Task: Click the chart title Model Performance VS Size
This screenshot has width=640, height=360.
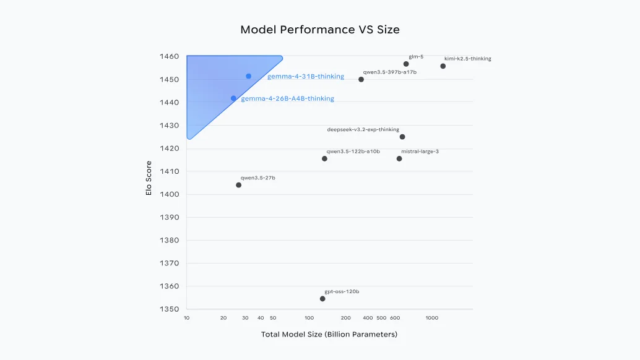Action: pos(319,30)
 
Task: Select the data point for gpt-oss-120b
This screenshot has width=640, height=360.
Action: pos(322,299)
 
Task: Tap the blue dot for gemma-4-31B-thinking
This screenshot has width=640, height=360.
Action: pos(248,76)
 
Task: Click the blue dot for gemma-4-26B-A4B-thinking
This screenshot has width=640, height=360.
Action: pos(233,98)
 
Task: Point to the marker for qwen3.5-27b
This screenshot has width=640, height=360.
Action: pos(238,185)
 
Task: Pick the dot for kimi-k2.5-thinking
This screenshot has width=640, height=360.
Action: pos(443,66)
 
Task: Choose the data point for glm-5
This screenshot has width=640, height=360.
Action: pos(406,64)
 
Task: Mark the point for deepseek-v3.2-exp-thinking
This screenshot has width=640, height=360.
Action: pos(402,137)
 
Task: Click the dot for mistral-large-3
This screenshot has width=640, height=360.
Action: pos(399,158)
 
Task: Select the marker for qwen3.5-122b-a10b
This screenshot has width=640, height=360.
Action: pos(324,158)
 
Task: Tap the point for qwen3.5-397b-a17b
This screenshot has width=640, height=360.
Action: pos(361,79)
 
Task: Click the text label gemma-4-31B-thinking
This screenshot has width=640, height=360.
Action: pos(305,77)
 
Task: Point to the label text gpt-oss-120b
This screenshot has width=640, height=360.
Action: pos(342,291)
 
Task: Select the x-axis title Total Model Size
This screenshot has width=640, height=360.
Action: pos(329,335)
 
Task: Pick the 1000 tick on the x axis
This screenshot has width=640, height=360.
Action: pos(431,318)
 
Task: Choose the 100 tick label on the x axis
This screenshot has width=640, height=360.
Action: pos(309,318)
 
